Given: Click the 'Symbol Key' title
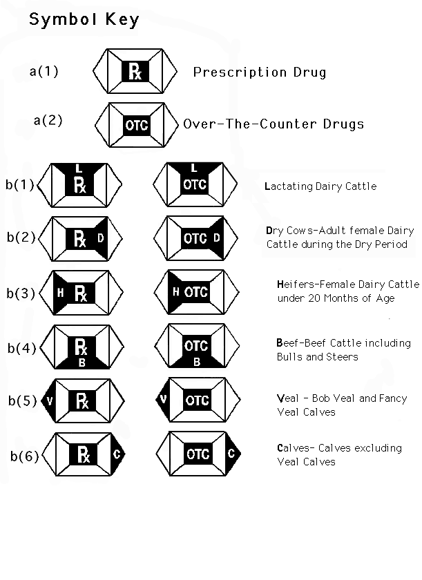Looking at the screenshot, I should click(84, 19).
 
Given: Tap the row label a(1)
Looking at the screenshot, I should click(44, 70).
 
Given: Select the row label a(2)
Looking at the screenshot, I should click(48, 120).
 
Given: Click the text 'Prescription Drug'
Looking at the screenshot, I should click(260, 72).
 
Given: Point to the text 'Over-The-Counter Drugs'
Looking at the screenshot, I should click(274, 124).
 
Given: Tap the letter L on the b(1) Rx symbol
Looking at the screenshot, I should click(79, 168).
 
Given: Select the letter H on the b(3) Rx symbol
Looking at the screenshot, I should click(60, 293).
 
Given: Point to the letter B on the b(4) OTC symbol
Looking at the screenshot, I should click(197, 360).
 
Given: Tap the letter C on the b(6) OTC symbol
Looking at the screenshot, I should click(230, 454).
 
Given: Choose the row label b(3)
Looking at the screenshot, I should click(21, 293).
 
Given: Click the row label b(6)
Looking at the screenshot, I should click(23, 456).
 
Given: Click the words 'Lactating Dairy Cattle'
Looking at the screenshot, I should click(320, 186).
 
